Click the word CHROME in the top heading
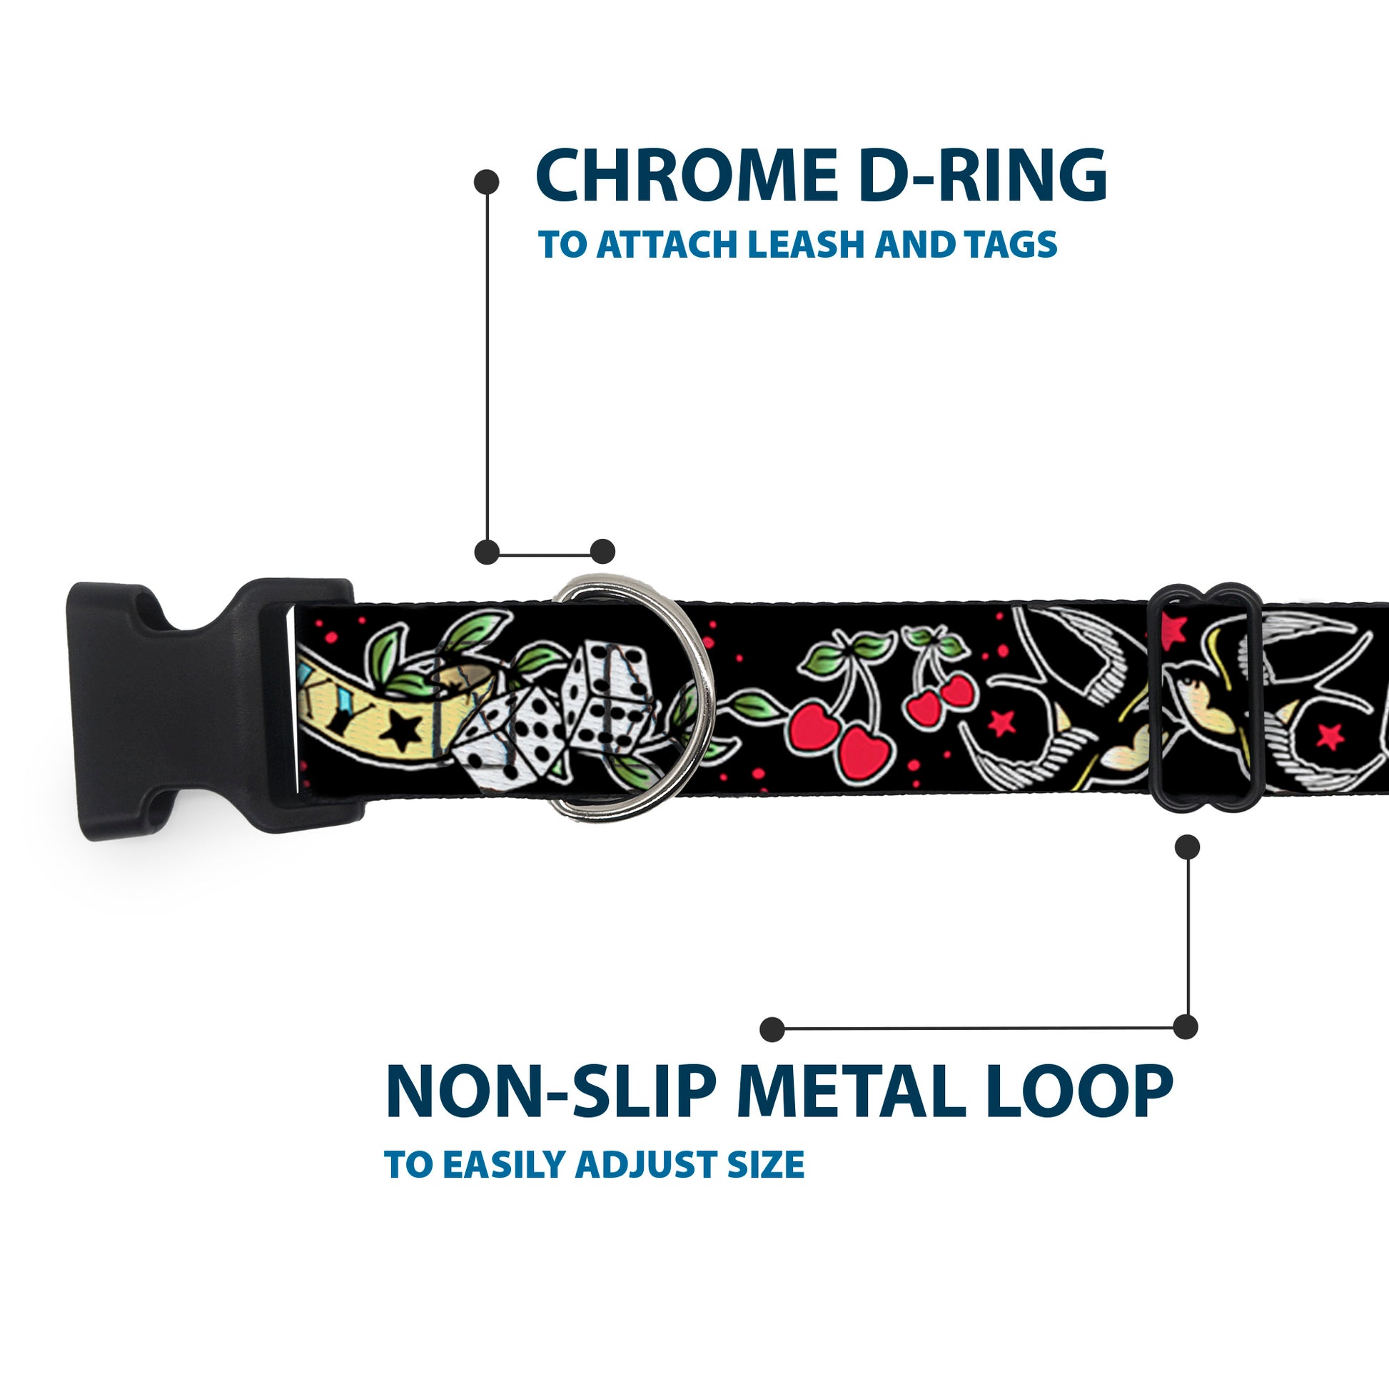[x=682, y=176]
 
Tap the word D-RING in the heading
[x=982, y=176]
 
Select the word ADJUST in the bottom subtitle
[x=647, y=1166]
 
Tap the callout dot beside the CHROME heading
[x=487, y=182]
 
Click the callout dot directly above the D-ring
[x=602, y=552]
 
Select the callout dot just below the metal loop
[x=1187, y=848]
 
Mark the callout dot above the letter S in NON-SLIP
[x=772, y=1029]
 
